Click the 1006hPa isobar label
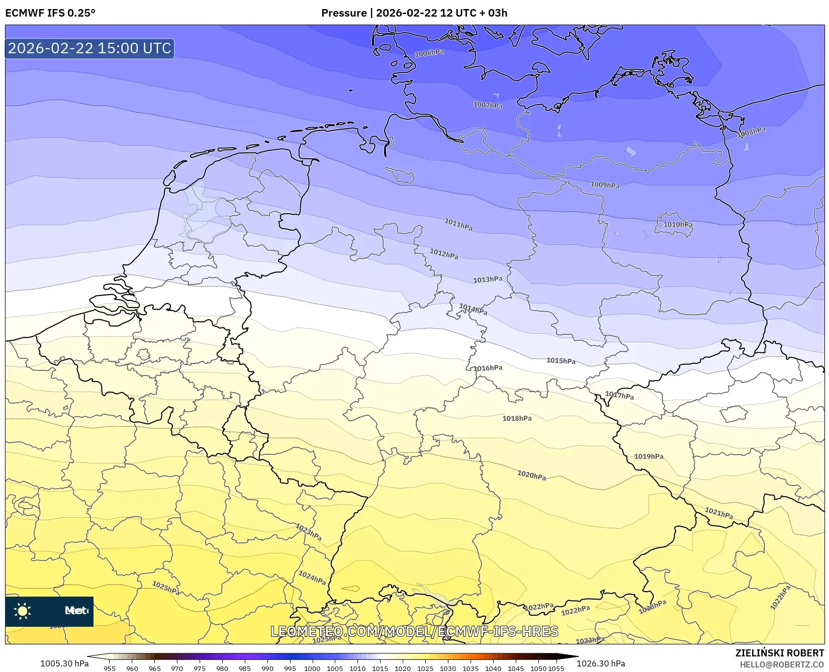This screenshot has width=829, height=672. [429, 53]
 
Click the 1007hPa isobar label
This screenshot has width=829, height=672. [487, 105]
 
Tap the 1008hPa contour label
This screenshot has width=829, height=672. [751, 132]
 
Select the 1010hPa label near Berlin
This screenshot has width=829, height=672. [677, 225]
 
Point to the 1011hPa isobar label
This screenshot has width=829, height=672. [458, 224]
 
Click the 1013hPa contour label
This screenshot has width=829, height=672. [487, 279]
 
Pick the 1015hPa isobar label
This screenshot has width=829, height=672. [561, 361]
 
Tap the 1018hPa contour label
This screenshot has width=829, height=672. [517, 418]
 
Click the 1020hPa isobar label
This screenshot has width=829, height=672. [531, 475]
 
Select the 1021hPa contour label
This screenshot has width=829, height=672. [718, 513]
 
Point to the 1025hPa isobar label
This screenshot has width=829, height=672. [166, 588]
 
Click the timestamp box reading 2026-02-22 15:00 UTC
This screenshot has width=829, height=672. [89, 48]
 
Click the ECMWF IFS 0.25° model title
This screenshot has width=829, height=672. [50, 13]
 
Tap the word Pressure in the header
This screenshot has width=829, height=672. [344, 13]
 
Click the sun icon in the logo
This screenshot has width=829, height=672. [23, 611]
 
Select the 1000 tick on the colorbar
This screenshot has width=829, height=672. [312, 668]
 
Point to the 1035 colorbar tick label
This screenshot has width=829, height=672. [470, 668]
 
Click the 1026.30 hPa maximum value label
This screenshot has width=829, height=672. [600, 663]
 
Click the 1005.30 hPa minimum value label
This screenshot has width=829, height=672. [64, 663]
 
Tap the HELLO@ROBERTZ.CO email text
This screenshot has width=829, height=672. [782, 664]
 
